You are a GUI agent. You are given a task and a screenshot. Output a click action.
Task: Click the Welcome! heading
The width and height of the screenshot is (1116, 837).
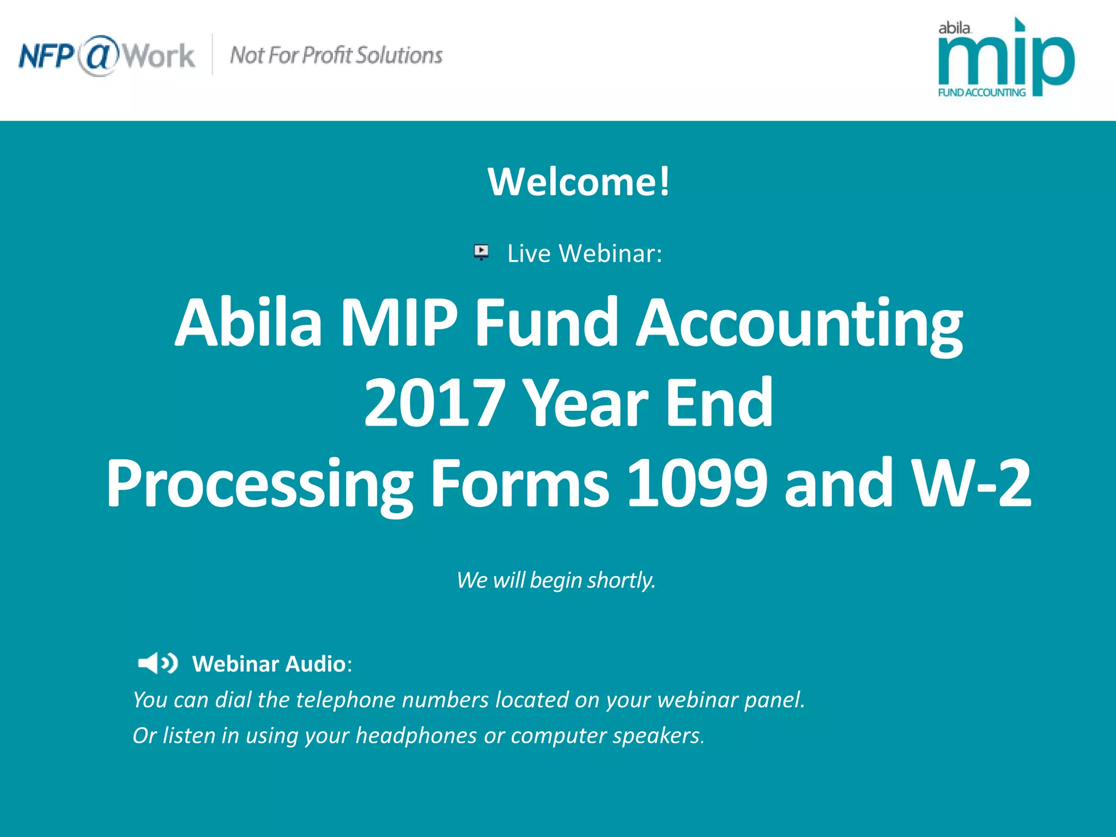(x=579, y=181)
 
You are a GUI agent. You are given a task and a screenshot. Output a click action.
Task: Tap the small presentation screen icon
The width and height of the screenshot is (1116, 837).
(x=481, y=252)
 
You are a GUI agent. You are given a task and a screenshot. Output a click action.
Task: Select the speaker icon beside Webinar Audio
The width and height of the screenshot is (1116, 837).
(x=157, y=663)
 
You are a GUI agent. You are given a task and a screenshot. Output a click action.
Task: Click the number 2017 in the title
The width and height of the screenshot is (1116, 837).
(x=434, y=403)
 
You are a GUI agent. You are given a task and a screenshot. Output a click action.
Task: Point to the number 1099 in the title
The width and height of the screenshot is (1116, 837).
(x=697, y=483)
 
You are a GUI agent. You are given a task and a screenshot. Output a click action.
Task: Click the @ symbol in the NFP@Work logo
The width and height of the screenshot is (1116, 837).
(x=98, y=56)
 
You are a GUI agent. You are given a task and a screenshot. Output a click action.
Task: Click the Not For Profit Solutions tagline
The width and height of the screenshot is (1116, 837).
(x=336, y=56)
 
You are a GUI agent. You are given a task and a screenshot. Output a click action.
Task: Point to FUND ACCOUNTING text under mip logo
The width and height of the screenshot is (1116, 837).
(x=981, y=93)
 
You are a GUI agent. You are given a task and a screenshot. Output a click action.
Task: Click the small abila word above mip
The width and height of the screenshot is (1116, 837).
(x=954, y=28)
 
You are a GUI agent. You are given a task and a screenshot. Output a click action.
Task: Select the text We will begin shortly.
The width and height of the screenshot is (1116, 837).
(x=556, y=580)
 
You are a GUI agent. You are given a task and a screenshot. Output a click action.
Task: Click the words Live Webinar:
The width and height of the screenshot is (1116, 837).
(x=585, y=254)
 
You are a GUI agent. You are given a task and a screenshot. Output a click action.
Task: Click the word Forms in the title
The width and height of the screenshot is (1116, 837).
(x=519, y=483)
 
